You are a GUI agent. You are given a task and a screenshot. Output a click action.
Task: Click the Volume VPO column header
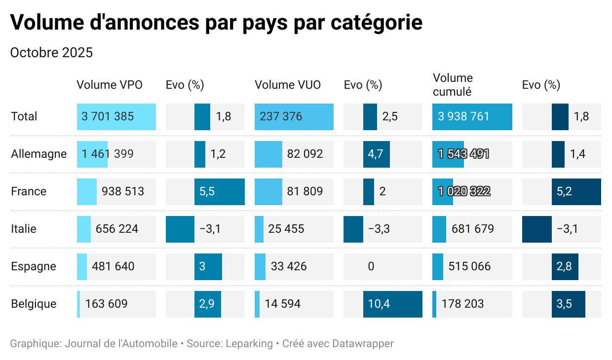110,85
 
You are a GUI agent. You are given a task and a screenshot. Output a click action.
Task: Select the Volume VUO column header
288,85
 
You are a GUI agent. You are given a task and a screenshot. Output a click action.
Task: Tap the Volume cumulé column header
453,85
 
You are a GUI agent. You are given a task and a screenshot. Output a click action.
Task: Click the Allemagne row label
39,154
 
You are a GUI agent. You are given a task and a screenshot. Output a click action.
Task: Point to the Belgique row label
34,304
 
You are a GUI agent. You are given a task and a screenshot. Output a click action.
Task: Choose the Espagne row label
34,266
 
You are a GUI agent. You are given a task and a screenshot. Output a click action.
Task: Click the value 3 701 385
108,116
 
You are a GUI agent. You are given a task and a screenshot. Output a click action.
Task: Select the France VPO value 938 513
123,191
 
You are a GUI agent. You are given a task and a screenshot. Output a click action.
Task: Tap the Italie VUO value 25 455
286,229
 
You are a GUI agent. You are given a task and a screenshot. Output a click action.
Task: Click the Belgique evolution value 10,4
379,304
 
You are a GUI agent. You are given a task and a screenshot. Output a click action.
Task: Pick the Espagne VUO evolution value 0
371,266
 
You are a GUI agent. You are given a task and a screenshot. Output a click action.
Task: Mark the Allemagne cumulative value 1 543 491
463,154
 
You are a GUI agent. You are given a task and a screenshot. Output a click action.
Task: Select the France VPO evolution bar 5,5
220,191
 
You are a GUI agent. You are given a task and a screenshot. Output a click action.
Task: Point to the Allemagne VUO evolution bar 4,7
376,154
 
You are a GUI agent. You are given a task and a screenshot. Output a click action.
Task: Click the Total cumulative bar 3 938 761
472,116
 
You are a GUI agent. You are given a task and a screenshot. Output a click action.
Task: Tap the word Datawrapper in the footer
363,344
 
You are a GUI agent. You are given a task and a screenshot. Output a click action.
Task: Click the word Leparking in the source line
249,344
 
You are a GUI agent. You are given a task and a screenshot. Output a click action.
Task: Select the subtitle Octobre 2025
51,53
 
